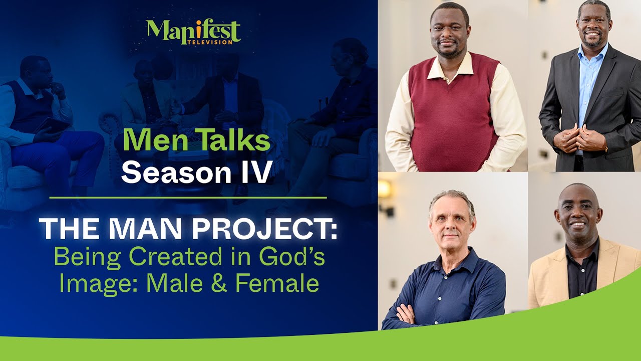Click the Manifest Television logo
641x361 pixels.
pyautogui.click(x=193, y=32)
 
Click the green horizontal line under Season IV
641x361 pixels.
pyautogui.click(x=188, y=198)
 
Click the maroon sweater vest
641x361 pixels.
pyautogui.click(x=453, y=115)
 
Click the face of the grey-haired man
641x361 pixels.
pyautogui.click(x=451, y=221)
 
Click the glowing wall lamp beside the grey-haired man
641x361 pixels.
pyautogui.click(x=385, y=190)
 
